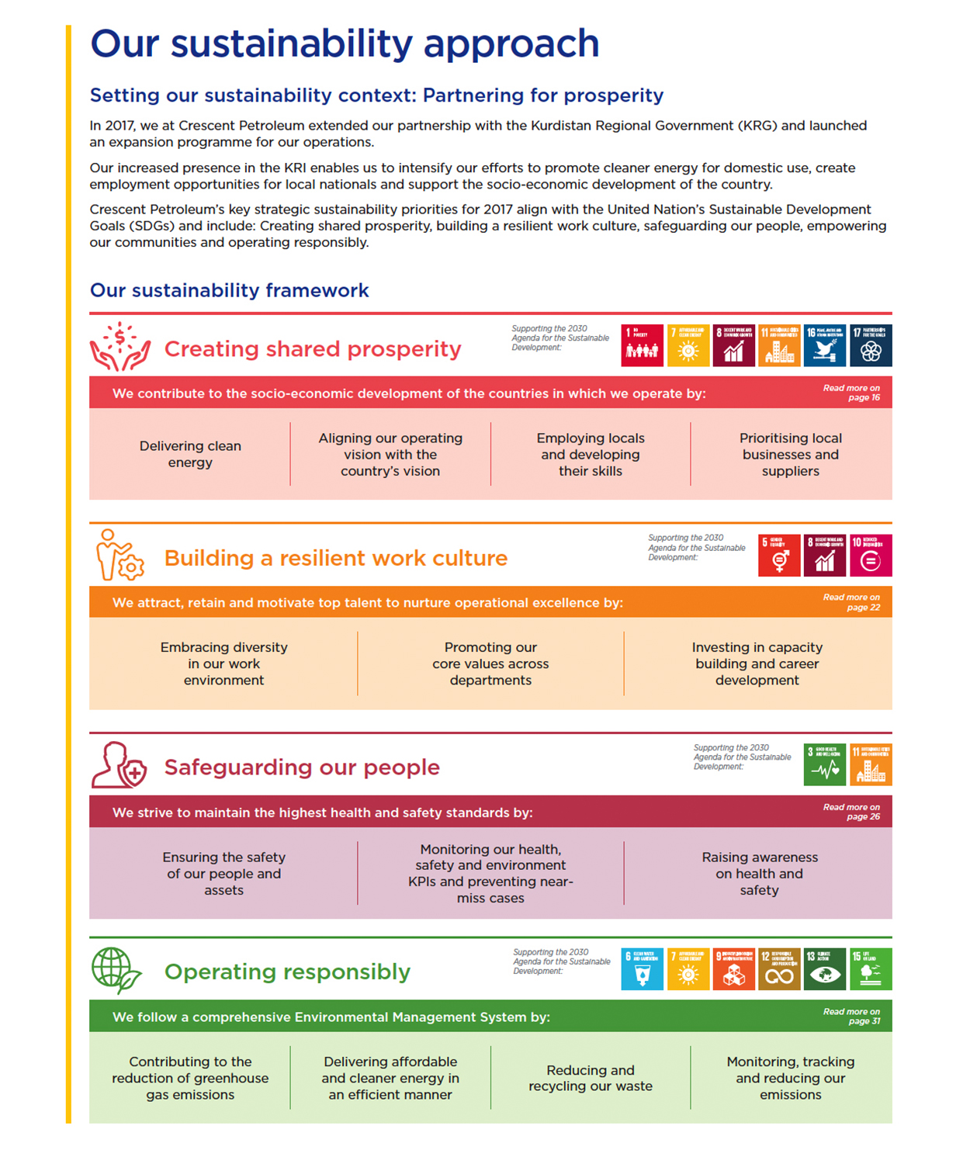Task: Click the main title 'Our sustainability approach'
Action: point(345,43)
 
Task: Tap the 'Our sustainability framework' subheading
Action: point(229,290)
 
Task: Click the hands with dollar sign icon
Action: point(120,347)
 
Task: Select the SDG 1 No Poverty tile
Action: point(643,345)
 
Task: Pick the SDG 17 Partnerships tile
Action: point(871,345)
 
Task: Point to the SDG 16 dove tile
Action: point(825,345)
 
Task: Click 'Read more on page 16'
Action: point(852,393)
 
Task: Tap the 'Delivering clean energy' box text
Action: point(190,454)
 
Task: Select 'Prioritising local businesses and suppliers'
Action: point(790,454)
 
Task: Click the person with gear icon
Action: point(120,556)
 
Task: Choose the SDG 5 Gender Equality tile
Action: point(779,555)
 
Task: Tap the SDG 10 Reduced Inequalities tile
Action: point(871,555)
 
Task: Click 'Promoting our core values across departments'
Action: point(490,663)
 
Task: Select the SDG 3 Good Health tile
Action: point(825,764)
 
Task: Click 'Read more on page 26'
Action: point(852,812)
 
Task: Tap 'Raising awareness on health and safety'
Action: point(760,874)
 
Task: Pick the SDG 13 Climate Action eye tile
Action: point(825,969)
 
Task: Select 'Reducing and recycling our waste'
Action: point(591,1078)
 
